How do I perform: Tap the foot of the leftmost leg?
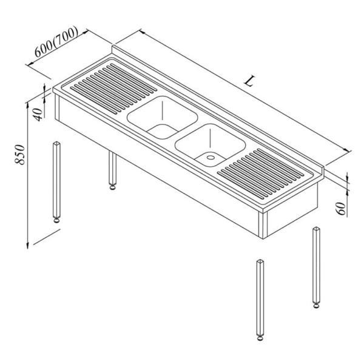tap(57, 220)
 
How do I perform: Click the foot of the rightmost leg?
tap(316, 305)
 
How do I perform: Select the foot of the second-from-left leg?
tap(113, 186)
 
